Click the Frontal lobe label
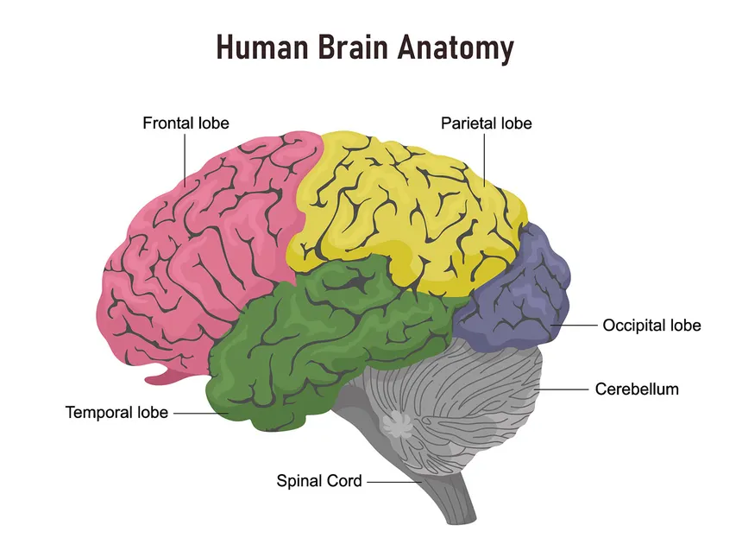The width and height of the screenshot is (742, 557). pyautogui.click(x=185, y=123)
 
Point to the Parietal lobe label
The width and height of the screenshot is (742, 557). pyautogui.click(x=486, y=123)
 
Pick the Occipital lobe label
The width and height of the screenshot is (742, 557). pyautogui.click(x=651, y=326)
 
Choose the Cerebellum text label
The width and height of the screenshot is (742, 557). pyautogui.click(x=637, y=389)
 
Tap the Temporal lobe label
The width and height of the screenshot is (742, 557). pyautogui.click(x=116, y=413)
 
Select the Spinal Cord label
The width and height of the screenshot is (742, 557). pyautogui.click(x=318, y=481)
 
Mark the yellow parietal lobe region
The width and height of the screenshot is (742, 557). pyautogui.click(x=406, y=207)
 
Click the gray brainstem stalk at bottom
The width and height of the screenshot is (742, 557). pyautogui.click(x=453, y=501)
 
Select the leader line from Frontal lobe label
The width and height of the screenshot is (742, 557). pyautogui.click(x=185, y=160)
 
